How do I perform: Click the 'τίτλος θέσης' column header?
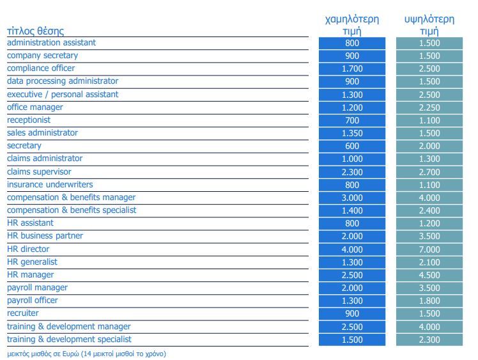35,31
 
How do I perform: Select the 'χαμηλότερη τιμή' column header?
352,25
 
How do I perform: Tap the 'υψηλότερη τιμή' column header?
429,25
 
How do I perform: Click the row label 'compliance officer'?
41,68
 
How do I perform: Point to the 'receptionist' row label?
29,120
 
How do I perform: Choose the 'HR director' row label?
28,249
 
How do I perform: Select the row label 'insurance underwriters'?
50,185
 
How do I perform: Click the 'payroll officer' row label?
33,301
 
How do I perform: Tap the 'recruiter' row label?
23,313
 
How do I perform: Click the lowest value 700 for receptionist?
352,120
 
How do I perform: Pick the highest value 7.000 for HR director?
429,249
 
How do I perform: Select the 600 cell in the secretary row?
352,146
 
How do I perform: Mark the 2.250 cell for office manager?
429,107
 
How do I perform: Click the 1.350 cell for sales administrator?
352,134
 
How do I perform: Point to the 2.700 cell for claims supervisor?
429,172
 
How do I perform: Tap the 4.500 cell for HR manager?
429,275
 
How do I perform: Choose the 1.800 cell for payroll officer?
429,301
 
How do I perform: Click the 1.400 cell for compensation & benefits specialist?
352,210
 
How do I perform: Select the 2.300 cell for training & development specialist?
429,340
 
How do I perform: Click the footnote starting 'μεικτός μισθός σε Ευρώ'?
86,354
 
